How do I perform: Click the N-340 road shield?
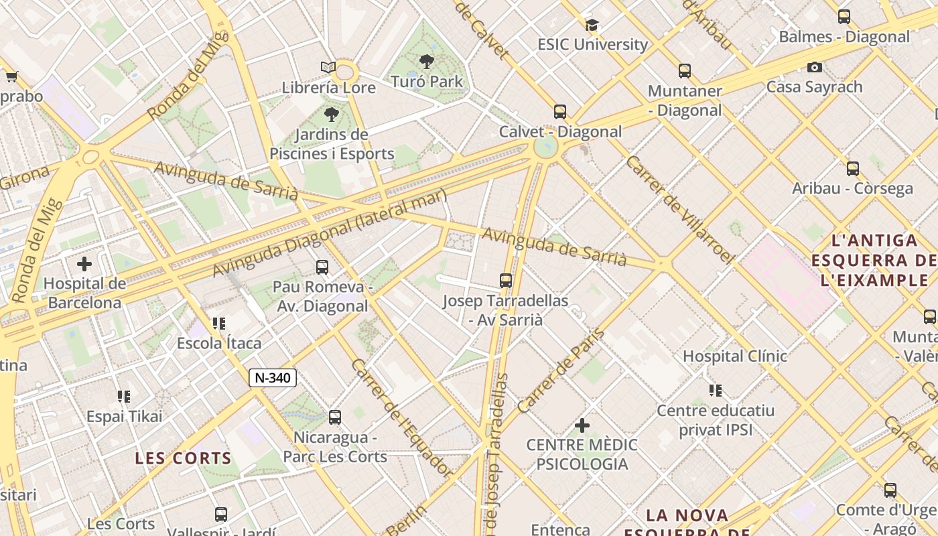click(273, 378)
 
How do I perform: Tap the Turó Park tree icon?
click(426, 62)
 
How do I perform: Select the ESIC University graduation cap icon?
click(592, 25)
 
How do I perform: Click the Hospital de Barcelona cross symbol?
click(84, 264)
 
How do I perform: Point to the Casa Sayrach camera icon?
click(815, 67)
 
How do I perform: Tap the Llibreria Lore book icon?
click(328, 68)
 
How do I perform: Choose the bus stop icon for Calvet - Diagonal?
click(560, 112)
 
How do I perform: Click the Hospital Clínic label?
click(734, 356)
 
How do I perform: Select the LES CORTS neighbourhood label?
click(183, 458)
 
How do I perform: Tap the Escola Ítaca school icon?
click(218, 324)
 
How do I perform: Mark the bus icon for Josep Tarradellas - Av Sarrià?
click(506, 281)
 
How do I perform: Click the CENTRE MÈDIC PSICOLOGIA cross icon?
click(582, 425)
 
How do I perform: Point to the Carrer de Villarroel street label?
click(679, 209)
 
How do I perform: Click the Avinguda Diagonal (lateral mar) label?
click(329, 232)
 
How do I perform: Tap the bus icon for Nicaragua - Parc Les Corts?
click(335, 417)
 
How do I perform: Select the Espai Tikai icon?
click(124, 397)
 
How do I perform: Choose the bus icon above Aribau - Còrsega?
click(853, 169)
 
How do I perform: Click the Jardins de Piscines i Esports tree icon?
click(331, 115)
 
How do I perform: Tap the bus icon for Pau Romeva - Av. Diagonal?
click(322, 267)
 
